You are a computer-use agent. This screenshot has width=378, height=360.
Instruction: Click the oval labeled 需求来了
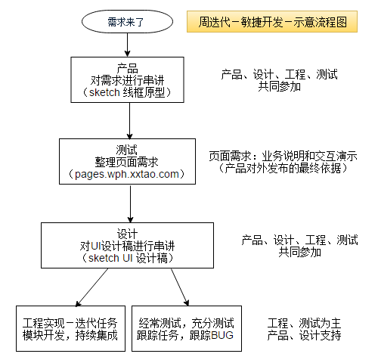coord(127,22)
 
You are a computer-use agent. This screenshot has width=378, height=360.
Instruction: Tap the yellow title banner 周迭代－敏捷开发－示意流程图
coord(272,22)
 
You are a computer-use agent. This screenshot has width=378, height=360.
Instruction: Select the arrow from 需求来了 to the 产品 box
coord(127,45)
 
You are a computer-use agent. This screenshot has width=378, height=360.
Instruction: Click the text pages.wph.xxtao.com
coord(127,174)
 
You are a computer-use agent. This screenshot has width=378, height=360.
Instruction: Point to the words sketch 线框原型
coord(127,92)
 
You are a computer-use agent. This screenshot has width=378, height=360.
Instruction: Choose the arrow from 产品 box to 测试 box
coord(129,121)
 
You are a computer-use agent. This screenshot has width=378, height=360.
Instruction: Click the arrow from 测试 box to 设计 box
coord(130,203)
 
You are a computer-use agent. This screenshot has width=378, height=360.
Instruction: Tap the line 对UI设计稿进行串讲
coord(127,246)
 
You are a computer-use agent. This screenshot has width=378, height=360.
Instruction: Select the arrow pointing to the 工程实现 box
coord(91,287)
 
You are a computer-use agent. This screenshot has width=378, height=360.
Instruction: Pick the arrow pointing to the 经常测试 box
coord(180,287)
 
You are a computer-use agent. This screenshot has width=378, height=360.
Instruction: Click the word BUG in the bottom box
coord(222,335)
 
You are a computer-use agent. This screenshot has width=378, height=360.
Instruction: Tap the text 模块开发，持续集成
coord(70,335)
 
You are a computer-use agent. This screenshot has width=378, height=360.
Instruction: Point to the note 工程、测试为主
coord(304,323)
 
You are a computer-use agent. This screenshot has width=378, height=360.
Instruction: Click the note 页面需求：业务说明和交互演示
coord(283,157)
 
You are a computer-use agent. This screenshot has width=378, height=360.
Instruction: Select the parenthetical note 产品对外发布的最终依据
coord(283,169)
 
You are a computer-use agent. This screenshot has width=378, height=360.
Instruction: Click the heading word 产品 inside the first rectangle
coord(128,68)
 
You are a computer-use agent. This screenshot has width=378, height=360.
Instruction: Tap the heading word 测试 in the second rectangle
coord(127,150)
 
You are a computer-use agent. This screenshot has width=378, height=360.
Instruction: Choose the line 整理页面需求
coord(126,162)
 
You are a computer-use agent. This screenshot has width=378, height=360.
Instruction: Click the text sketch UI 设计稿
coord(128,258)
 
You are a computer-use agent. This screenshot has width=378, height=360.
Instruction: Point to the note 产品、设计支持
coord(304,335)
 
